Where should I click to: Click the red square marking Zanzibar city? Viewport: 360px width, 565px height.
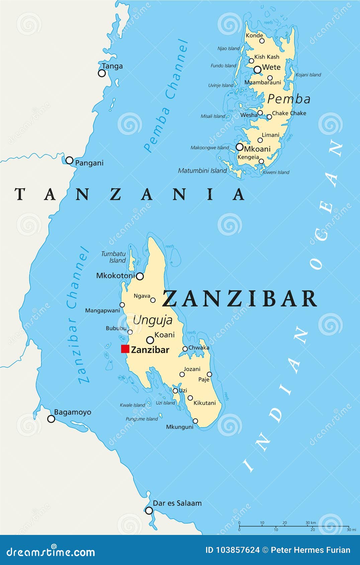tap(125, 349)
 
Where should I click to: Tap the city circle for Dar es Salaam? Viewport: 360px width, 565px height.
tap(149, 511)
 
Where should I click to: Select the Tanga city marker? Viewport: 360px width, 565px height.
tap(102, 73)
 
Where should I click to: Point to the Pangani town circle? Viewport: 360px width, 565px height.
tap(69, 160)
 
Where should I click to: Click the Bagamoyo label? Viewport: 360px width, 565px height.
tap(73, 412)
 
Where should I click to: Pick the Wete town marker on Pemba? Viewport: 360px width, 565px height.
tap(257, 70)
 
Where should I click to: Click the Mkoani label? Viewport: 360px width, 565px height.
tap(257, 149)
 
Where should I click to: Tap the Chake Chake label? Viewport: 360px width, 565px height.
tap(289, 113)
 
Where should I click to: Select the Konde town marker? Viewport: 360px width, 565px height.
tap(262, 41)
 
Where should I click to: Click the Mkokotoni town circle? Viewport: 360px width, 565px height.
tap(140, 276)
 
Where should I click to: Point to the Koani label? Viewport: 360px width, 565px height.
tap(165, 335)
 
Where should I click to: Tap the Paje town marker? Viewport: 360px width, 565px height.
tap(209, 374)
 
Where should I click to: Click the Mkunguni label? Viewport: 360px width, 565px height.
tap(180, 427)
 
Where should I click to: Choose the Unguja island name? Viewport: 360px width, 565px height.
tap(153, 320)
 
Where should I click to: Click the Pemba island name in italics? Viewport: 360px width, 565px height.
tap(289, 99)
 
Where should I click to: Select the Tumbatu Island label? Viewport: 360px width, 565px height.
tap(114, 257)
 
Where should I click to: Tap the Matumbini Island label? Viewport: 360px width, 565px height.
tap(202, 171)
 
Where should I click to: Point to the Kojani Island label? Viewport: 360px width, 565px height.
tap(308, 75)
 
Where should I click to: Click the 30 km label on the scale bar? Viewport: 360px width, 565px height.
tap(310, 523)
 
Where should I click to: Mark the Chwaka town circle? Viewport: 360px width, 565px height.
tap(185, 349)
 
